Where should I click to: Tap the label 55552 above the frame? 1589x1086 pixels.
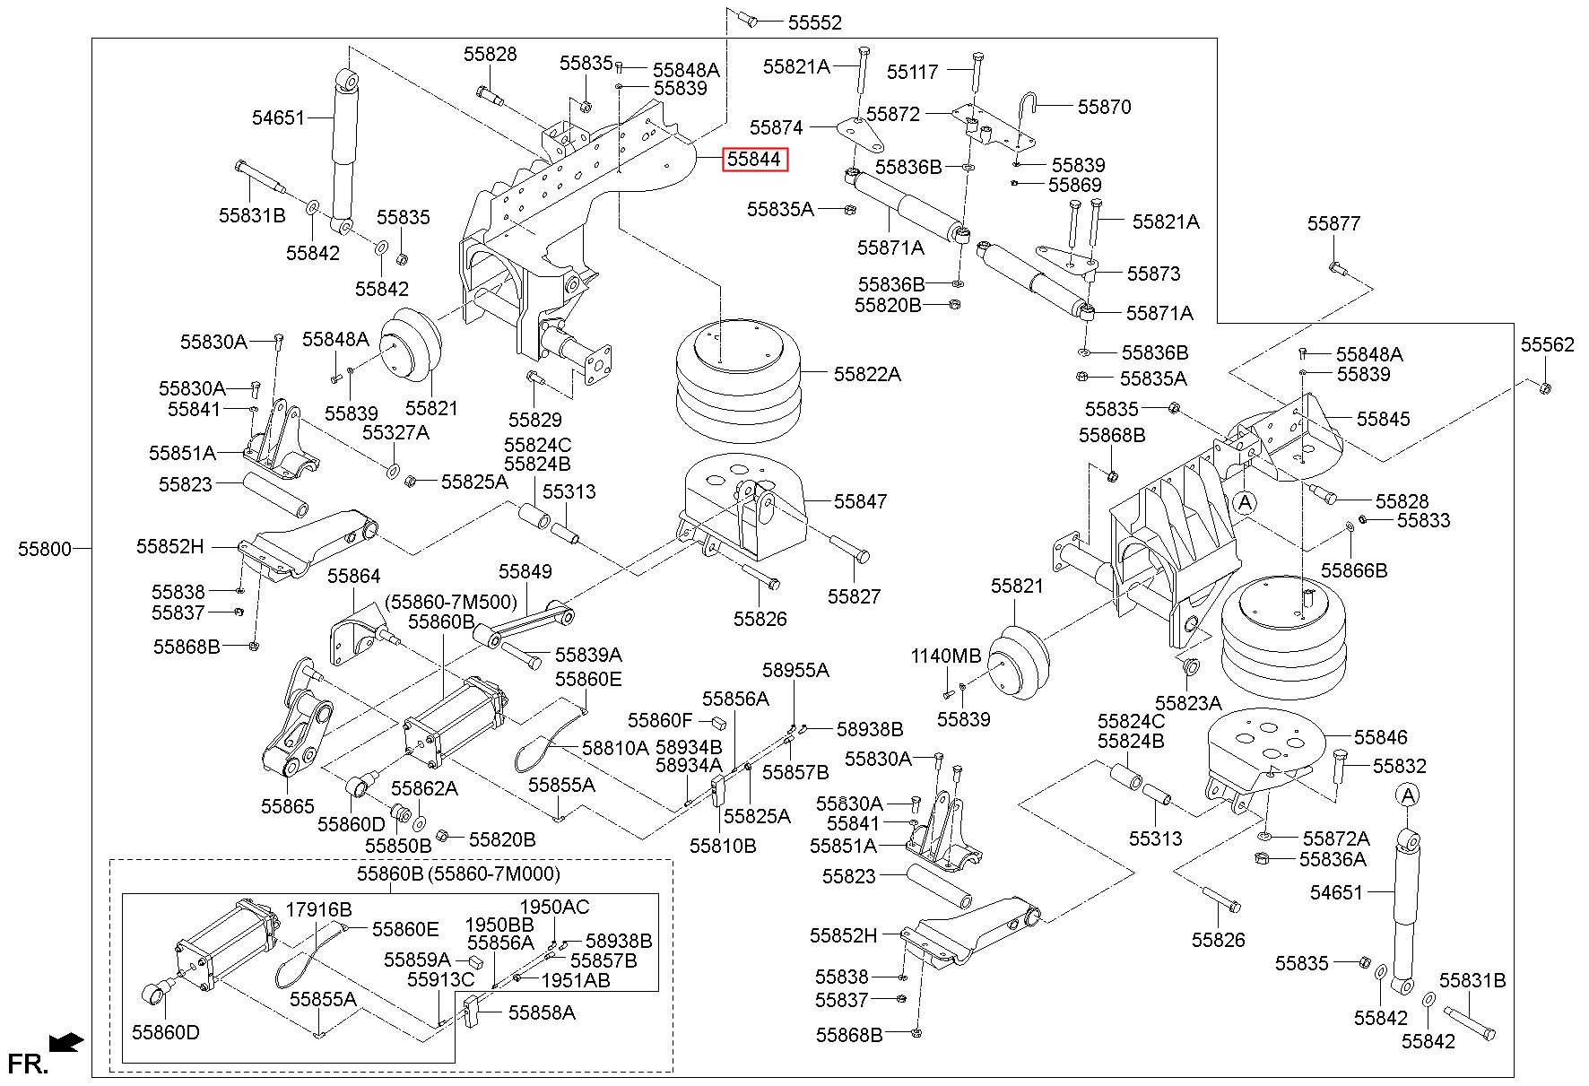[x=815, y=22]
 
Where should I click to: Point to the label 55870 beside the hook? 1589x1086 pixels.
[x=1104, y=107]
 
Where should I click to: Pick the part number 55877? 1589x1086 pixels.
[x=1333, y=223]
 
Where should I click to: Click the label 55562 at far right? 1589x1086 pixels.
[x=1547, y=344]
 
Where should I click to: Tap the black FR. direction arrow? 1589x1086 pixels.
[x=67, y=1042]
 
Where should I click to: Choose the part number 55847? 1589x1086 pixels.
[x=860, y=501]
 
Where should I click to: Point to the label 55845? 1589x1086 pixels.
[x=1383, y=419]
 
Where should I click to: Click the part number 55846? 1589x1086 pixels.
[x=1381, y=737]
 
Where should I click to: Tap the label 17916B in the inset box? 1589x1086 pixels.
[x=318, y=909]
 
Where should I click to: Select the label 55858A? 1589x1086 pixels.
[x=542, y=1012]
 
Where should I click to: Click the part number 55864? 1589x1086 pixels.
[x=353, y=576]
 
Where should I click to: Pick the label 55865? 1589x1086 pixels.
[x=288, y=806]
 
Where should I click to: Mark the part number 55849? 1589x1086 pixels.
[x=525, y=571]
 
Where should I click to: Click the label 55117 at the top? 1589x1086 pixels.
[x=912, y=72]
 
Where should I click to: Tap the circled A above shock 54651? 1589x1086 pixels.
[x=1408, y=795]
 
